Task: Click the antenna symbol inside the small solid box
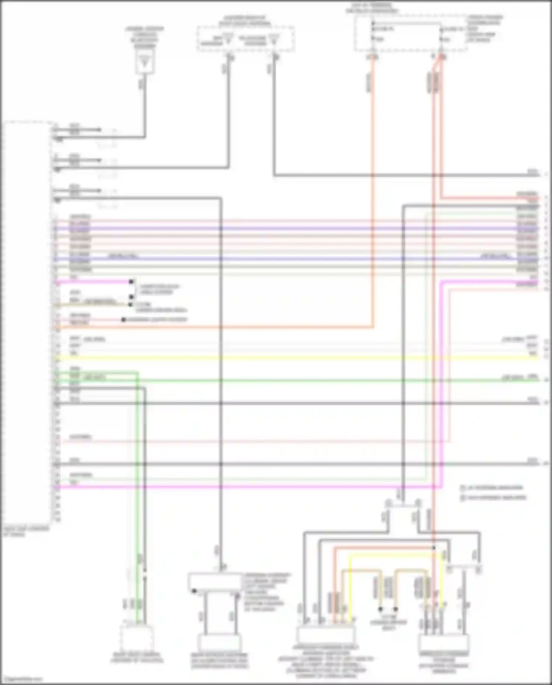click(145, 63)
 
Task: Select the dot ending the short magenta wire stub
click(131, 282)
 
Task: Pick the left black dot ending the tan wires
click(381, 609)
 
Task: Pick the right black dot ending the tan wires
click(396, 609)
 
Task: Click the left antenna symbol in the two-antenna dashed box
click(228, 39)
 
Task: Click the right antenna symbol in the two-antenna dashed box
click(274, 39)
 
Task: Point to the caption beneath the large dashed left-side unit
click(26, 531)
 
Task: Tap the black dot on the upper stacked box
click(194, 591)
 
